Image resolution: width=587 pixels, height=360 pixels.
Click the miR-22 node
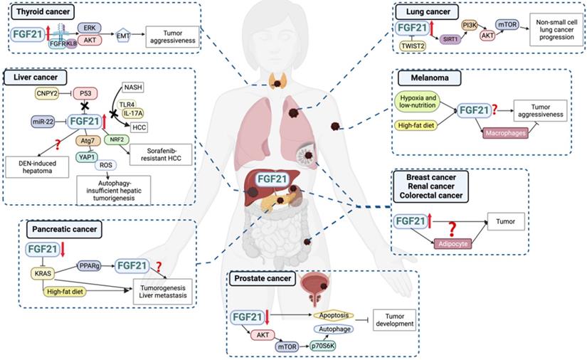point(41,122)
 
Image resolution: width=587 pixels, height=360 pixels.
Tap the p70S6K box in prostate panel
point(332,344)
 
